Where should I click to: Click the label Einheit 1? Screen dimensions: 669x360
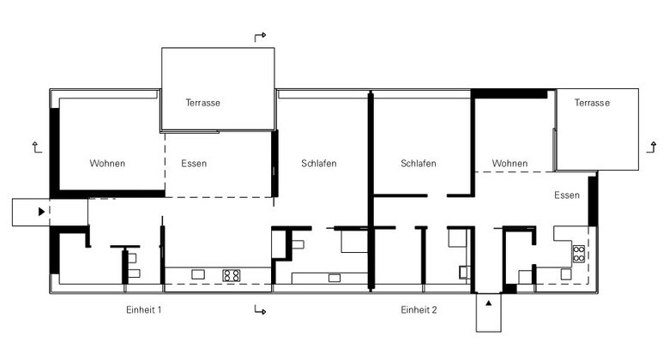click(144, 309)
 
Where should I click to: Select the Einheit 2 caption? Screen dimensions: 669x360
click(419, 309)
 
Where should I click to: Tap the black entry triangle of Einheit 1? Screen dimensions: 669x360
click(41, 212)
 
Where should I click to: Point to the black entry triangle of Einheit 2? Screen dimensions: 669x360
click(489, 303)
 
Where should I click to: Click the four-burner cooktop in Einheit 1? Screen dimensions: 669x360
click(232, 275)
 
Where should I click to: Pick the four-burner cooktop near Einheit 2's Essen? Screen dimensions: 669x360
click(579, 254)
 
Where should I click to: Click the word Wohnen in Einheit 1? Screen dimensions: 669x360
click(107, 164)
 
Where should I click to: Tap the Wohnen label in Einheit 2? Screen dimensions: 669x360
click(509, 164)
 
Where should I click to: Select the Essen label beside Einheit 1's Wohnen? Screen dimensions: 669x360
click(194, 164)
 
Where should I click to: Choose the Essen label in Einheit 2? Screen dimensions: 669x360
click(567, 195)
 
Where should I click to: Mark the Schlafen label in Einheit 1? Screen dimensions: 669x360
click(319, 164)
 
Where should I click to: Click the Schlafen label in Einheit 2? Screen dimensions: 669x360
click(419, 164)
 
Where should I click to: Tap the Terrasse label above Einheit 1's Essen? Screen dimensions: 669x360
click(202, 103)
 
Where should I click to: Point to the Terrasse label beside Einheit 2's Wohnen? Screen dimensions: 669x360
click(592, 103)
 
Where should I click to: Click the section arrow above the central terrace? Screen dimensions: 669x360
click(260, 37)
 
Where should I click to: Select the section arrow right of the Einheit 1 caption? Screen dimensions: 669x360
click(260, 309)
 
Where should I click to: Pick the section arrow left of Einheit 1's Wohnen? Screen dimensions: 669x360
click(37, 147)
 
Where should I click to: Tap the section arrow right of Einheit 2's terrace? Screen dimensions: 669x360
click(652, 147)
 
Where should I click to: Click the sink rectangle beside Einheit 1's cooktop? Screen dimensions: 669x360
click(198, 274)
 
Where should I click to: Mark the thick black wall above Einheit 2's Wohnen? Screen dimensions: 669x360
click(509, 93)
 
